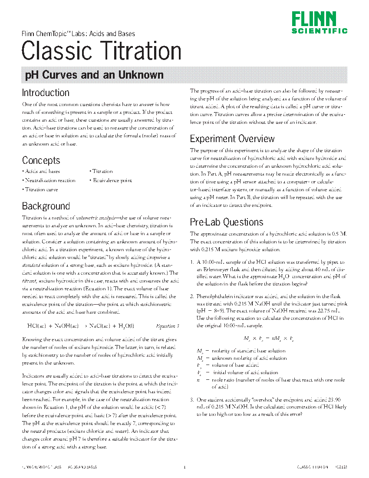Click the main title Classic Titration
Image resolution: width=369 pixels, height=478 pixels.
(101, 50)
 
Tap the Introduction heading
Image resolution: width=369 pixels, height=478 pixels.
(46, 93)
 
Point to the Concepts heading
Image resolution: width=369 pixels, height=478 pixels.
(41, 160)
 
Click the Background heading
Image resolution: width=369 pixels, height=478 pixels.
(46, 206)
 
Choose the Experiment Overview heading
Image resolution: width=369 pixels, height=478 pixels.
(232, 139)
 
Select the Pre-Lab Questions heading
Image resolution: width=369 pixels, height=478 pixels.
(227, 222)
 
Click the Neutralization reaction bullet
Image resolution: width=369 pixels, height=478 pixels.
(49, 180)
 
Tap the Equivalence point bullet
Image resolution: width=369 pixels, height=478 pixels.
(112, 180)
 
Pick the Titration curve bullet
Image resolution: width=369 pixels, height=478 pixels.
(41, 189)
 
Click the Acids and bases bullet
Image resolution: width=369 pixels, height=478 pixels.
(42, 171)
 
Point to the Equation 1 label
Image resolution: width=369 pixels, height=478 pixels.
(167, 326)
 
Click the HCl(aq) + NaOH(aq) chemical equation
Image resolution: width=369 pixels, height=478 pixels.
(81, 326)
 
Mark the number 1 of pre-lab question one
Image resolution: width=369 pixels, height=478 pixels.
(192, 262)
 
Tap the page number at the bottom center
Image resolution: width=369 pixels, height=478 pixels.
(184, 468)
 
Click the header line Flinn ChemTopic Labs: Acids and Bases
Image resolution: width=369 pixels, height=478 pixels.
(78, 34)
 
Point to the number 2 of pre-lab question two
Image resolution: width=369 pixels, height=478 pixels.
(192, 296)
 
